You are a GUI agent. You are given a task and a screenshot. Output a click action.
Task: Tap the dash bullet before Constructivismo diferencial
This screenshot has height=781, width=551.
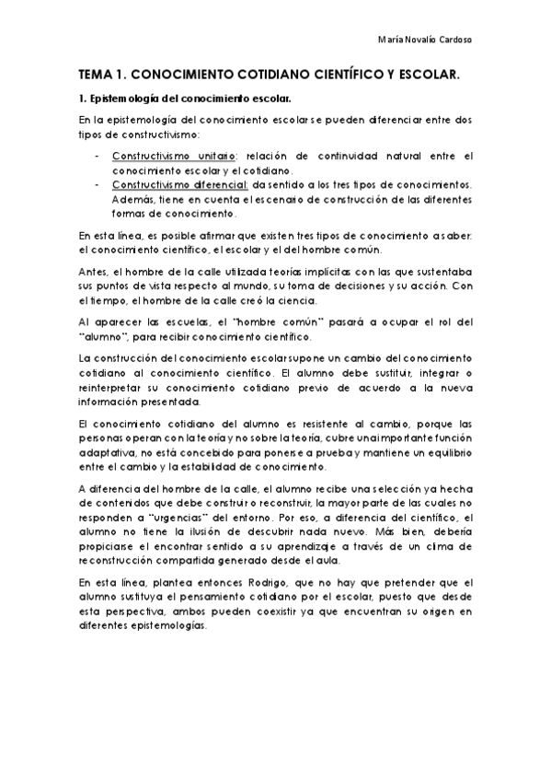point(98,185)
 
